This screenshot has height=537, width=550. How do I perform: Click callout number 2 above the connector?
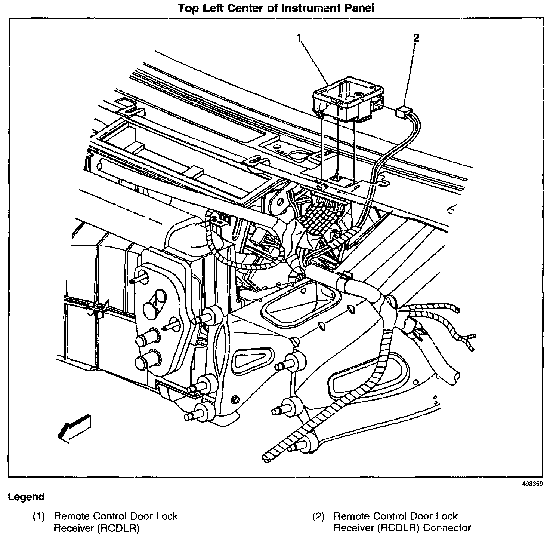click(416, 37)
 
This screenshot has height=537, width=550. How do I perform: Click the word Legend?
click(26, 497)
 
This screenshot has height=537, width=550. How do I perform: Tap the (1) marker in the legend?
click(38, 517)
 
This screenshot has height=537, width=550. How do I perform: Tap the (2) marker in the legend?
click(319, 517)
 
